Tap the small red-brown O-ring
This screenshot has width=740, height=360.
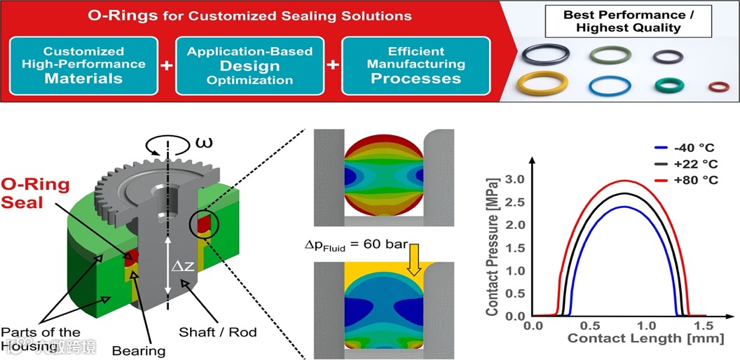click(718, 87)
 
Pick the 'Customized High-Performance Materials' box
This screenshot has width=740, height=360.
click(84, 65)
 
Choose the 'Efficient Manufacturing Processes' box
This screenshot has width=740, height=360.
click(416, 65)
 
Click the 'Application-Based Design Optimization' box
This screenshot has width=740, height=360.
click(250, 65)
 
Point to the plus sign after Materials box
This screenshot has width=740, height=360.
click(167, 66)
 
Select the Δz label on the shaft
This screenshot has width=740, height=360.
click(183, 265)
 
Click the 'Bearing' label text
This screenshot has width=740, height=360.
click(141, 350)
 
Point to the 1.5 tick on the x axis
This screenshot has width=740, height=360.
click(705, 326)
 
